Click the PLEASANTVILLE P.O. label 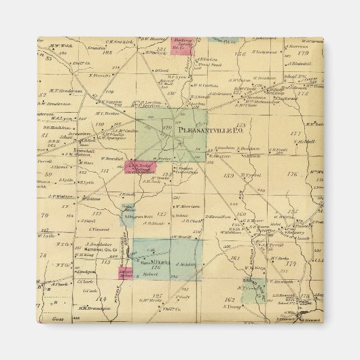(x=204, y=128)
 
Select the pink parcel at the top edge (x=181, y=46)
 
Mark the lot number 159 (x=228, y=176)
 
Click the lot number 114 (x=101, y=299)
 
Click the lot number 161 (x=236, y=258)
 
